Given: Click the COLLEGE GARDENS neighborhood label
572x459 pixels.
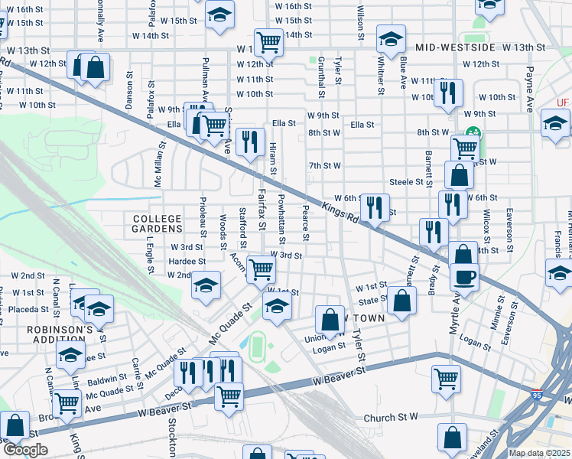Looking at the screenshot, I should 157,223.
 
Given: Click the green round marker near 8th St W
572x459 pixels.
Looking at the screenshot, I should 472,132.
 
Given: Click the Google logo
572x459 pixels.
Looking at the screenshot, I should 24,449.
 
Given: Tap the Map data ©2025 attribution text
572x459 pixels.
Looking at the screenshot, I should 540,453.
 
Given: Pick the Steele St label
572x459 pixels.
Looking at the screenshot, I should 406,182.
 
